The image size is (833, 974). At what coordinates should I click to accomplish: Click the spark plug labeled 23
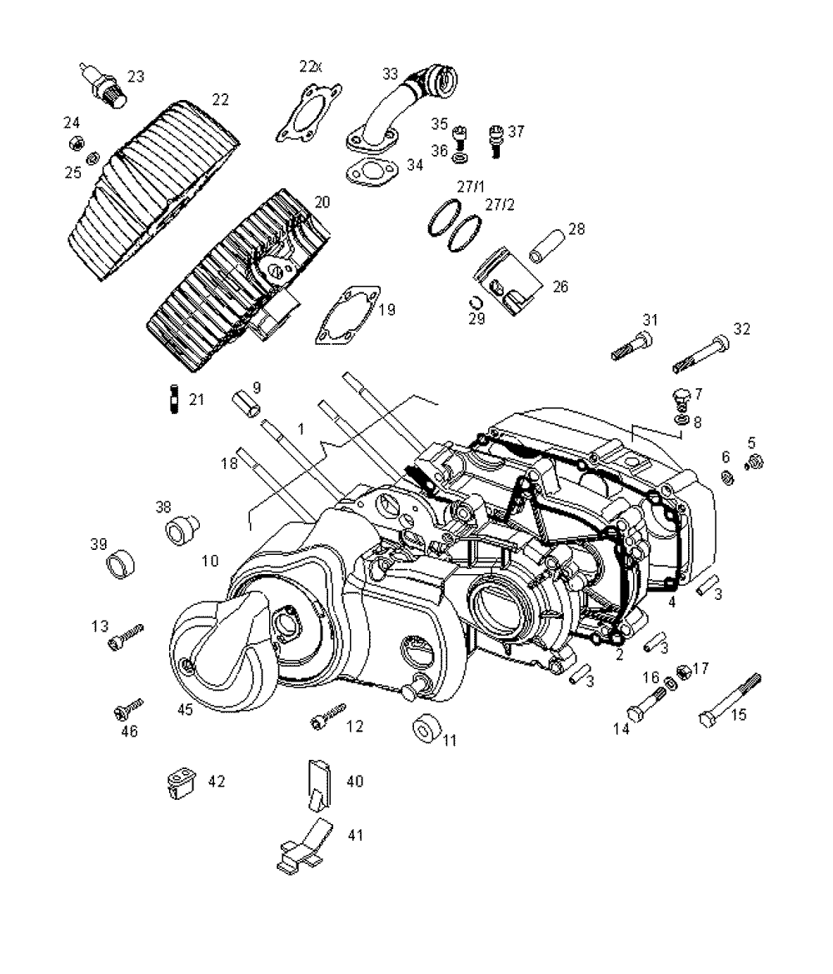[102, 86]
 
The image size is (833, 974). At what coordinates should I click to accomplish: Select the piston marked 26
[507, 281]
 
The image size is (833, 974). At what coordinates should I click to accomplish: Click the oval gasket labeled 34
[372, 172]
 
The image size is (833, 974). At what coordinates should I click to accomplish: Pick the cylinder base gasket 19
[348, 315]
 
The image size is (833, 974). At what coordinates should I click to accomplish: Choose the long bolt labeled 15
[730, 700]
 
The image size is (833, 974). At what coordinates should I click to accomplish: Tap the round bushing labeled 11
[426, 727]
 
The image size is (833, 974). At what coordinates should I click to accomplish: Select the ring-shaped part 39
[121, 564]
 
